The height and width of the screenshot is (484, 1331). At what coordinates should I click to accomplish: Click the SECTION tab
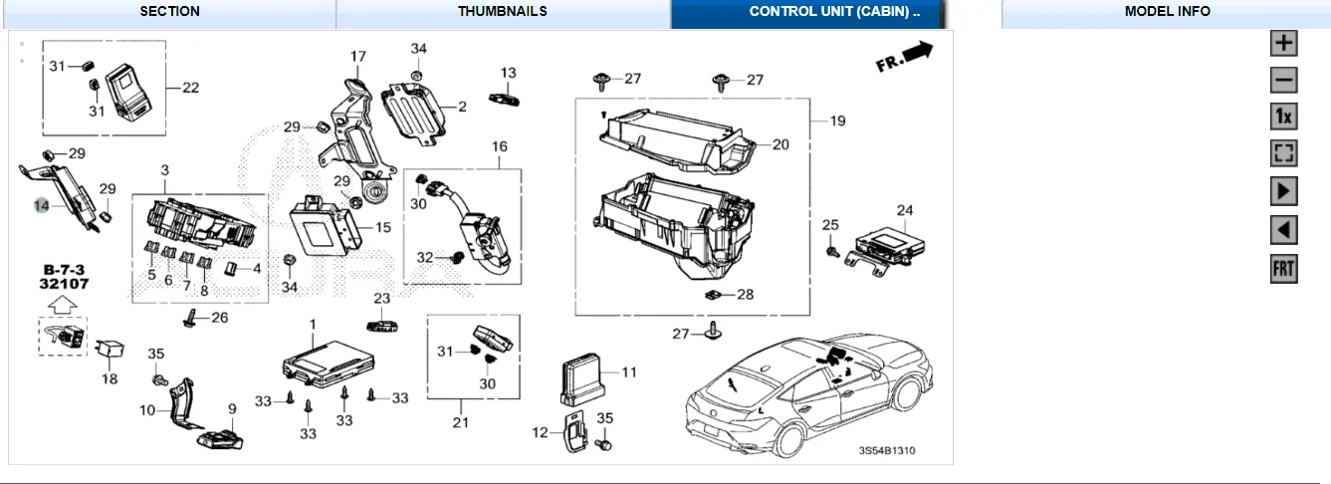coord(169,12)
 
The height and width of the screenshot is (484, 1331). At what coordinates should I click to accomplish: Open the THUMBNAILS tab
coord(503,12)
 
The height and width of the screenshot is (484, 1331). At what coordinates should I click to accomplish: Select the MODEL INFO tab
coord(1167,12)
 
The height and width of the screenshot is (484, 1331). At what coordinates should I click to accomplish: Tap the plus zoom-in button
coord(1284,44)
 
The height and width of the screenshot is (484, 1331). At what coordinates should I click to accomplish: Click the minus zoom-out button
coord(1284,81)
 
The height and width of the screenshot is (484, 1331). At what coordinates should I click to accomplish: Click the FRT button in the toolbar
coord(1284,269)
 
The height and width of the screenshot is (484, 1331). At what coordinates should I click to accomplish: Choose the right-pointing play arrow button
coord(1284,191)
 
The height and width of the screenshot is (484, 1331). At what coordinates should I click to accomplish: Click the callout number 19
coord(837,121)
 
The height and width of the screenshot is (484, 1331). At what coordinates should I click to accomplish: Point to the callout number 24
coord(904,210)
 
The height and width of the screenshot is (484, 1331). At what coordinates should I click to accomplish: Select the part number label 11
coord(628,372)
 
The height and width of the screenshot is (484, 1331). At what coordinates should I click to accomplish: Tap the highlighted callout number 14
coord(41,206)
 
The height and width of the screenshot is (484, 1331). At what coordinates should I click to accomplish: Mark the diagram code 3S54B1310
coord(887,451)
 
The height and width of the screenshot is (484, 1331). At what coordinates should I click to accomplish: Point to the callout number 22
coord(190,88)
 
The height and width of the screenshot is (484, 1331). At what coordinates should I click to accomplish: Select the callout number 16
coord(499,147)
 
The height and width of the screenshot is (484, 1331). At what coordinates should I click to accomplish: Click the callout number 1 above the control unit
coord(312,325)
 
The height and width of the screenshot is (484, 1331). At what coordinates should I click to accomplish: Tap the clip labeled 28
coord(714,295)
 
